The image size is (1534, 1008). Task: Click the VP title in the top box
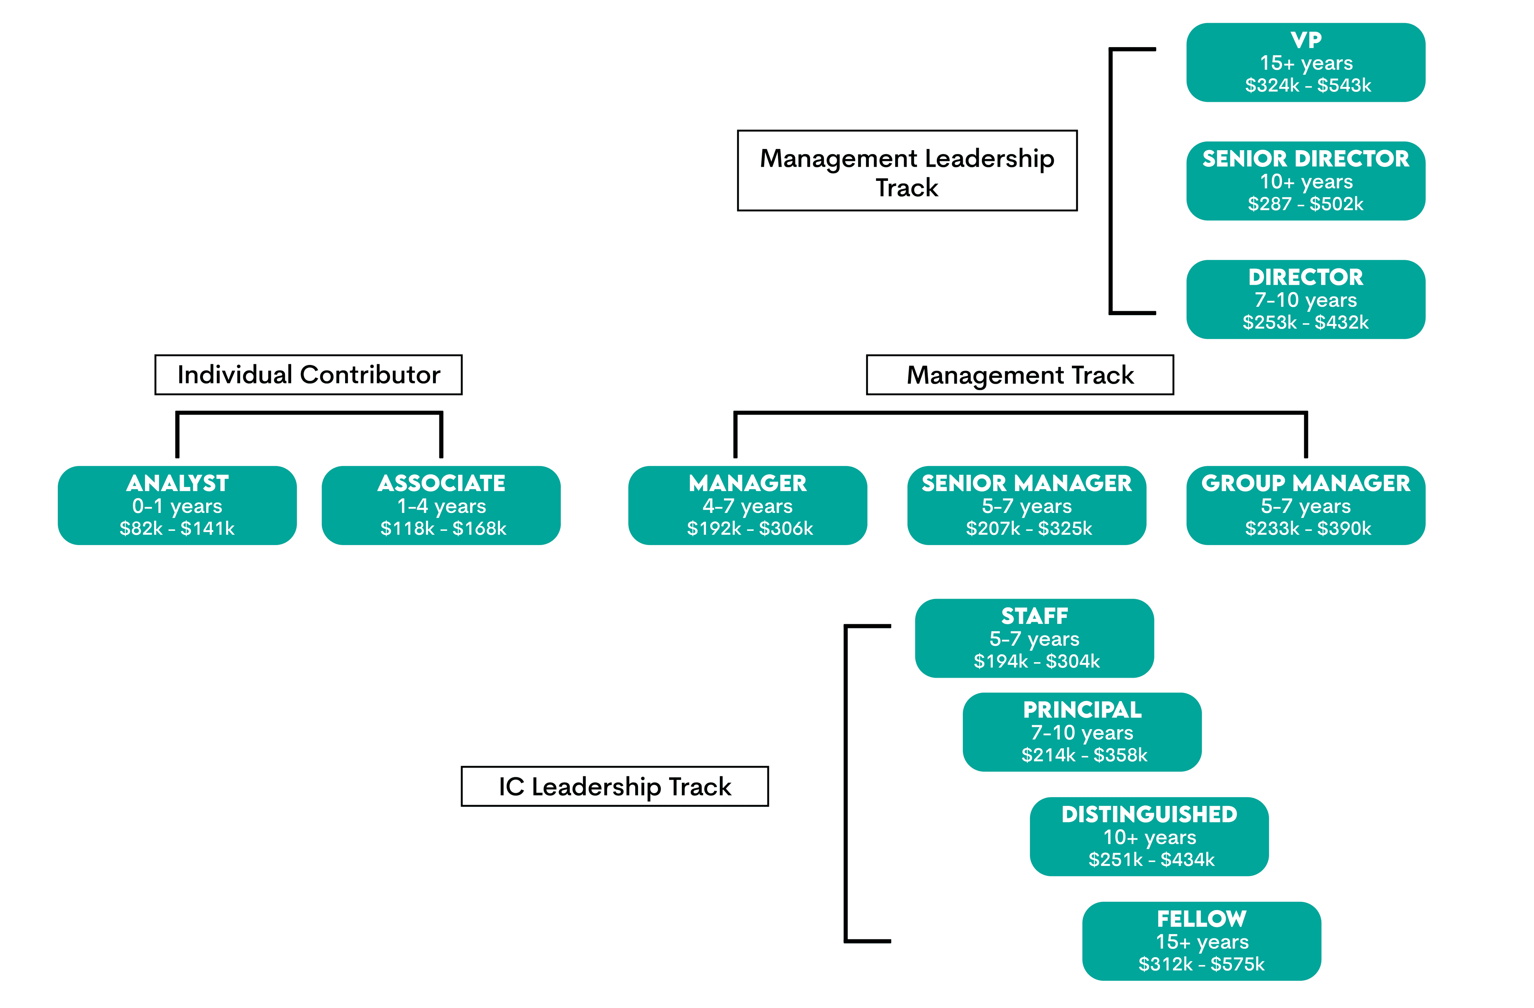1306,40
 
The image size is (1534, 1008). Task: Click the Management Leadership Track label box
907,171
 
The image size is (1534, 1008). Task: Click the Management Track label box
1019,375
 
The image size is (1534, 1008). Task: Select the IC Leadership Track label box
614,786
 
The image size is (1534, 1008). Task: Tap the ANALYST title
177,483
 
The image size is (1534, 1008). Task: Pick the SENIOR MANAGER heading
1026,483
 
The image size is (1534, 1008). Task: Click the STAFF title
1034,616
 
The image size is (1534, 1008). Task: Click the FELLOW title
1201,919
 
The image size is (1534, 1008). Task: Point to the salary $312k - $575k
1201,964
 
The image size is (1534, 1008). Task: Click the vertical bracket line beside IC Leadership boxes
846,783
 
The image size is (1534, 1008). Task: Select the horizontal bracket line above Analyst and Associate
309,413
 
